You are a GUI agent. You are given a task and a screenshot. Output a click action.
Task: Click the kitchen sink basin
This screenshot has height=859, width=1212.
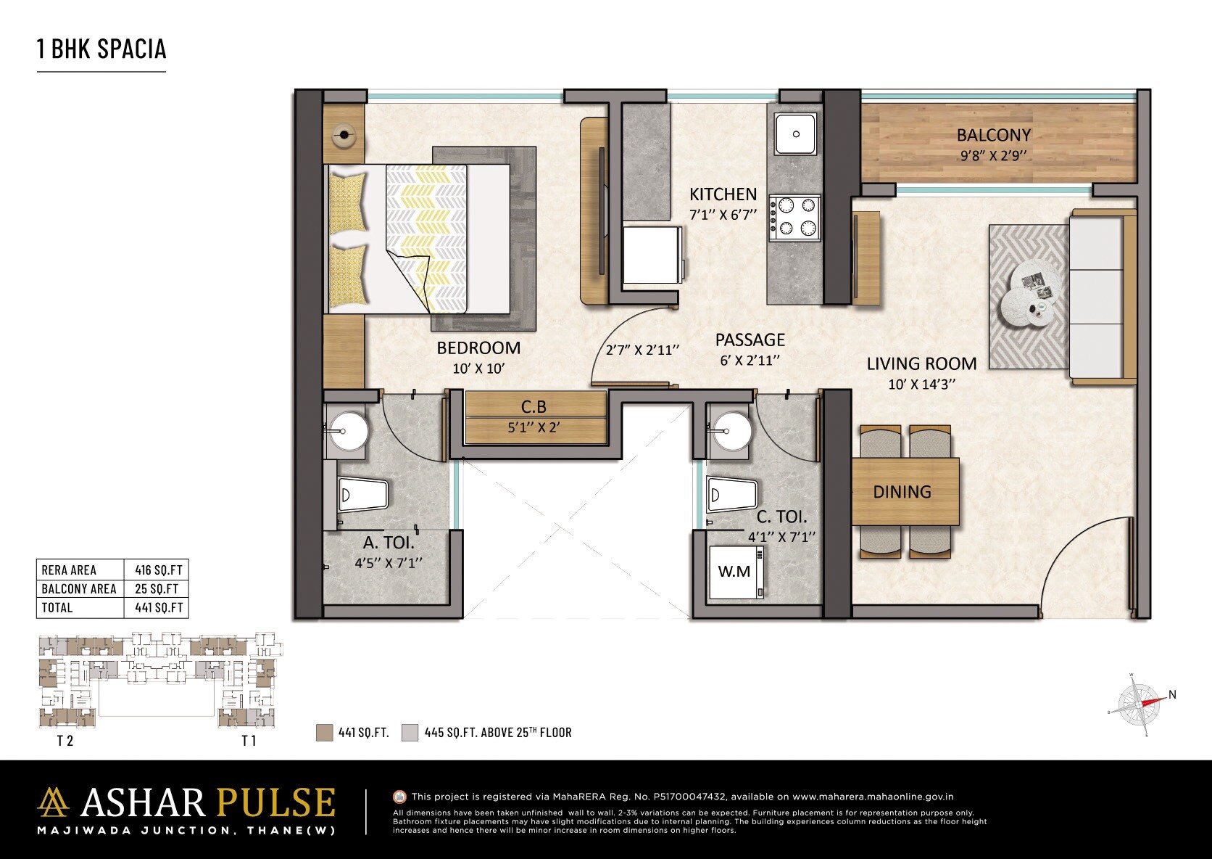[x=796, y=133]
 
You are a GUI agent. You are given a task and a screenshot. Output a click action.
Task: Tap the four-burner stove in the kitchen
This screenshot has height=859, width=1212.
[x=795, y=218]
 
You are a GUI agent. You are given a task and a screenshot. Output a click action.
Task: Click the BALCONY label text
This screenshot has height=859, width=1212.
[x=993, y=135]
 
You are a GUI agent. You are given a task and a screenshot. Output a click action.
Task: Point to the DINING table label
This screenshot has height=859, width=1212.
[x=902, y=492]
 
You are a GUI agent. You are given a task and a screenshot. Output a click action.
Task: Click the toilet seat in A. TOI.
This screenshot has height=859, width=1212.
[x=362, y=496]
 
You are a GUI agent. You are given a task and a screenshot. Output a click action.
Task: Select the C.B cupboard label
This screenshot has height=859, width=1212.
[x=534, y=407]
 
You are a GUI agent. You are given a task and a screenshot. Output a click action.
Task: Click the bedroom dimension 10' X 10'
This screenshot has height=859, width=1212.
[x=478, y=369]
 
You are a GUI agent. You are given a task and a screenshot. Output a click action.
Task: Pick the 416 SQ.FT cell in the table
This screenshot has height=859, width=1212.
[x=159, y=570]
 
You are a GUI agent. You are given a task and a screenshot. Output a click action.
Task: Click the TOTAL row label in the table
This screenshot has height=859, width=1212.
[x=57, y=608]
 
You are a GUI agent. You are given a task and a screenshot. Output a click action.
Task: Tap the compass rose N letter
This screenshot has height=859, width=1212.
[x=1172, y=694]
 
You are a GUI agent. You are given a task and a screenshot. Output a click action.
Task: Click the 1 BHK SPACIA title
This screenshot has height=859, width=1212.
[x=101, y=49]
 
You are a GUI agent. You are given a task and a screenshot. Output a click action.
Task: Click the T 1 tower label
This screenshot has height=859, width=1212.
[x=249, y=741]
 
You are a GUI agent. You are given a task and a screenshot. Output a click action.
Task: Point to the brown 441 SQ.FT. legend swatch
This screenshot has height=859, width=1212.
[x=324, y=732]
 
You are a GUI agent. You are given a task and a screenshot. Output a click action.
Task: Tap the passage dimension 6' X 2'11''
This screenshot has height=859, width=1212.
[x=750, y=361]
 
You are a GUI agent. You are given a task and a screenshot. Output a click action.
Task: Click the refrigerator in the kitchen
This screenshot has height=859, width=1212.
[x=652, y=255]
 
